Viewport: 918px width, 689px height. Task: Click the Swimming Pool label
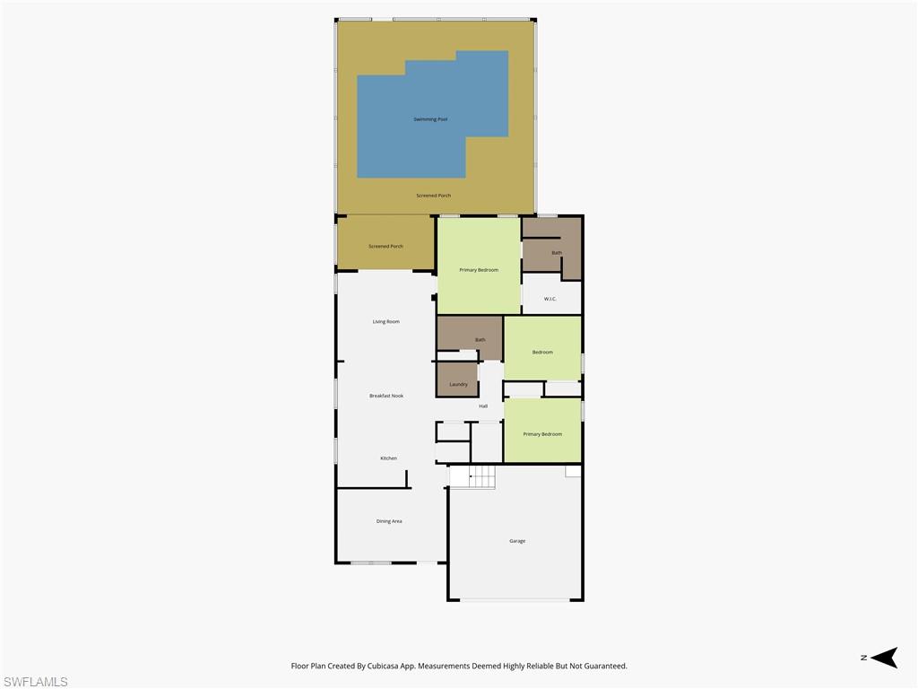pos(430,119)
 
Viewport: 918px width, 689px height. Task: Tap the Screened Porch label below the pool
pos(433,196)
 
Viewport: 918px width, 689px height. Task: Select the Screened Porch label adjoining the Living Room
pos(385,246)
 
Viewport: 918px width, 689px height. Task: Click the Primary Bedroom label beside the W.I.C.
pos(479,270)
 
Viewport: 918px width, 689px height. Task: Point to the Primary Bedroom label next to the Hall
pos(542,434)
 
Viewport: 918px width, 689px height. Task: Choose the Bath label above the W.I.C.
pos(557,253)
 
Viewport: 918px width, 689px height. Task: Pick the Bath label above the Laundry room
pos(480,340)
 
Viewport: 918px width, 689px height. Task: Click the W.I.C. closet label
pos(550,299)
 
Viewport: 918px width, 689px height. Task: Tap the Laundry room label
pos(458,384)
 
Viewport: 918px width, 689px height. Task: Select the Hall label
pos(483,406)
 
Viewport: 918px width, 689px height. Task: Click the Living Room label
pos(385,321)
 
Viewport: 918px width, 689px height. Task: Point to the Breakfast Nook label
pos(386,396)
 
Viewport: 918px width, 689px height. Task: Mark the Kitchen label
pos(388,458)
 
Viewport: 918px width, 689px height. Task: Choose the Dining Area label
pos(389,521)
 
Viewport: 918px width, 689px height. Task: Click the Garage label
pos(517,541)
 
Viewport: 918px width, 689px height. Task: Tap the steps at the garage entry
pos(472,477)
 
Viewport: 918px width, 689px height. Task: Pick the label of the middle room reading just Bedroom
pos(542,353)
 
